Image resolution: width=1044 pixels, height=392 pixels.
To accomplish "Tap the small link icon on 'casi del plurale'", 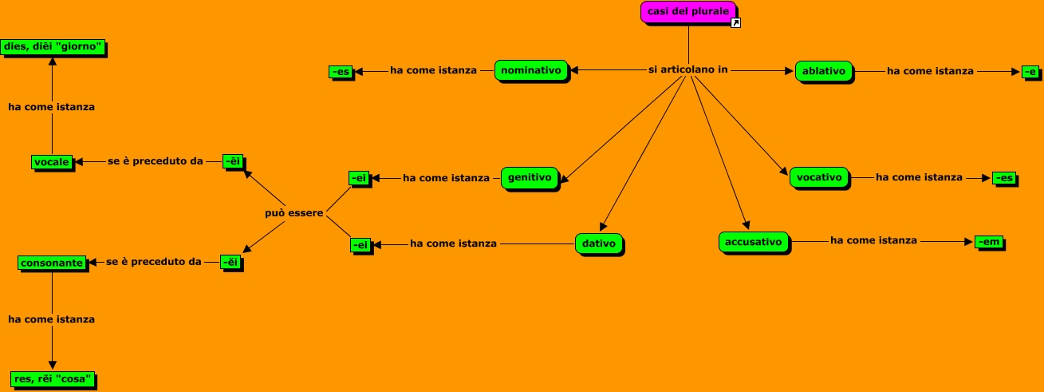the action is click(x=736, y=23).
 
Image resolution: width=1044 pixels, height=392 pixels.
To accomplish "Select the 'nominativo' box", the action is click(x=532, y=70).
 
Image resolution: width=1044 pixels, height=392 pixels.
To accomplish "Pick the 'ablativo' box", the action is click(x=824, y=70).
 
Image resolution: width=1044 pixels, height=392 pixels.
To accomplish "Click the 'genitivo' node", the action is click(x=530, y=178).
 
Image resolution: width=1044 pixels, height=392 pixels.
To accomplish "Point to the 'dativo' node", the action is click(x=598, y=244).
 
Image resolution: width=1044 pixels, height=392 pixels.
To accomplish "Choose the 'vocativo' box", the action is click(x=819, y=178).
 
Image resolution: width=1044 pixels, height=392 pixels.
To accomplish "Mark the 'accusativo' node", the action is click(x=754, y=240).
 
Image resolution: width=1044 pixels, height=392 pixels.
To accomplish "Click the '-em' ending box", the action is click(x=987, y=240).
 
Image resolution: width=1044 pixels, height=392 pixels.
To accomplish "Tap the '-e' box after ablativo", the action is click(x=1030, y=71).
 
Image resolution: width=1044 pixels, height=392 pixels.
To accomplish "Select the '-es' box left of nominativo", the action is click(x=341, y=72).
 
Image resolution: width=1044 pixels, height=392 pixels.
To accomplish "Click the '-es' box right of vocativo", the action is click(x=1004, y=178).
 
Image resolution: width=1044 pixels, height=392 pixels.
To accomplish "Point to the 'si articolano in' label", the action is click(x=687, y=70).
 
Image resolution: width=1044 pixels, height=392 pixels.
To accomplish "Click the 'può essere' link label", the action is click(x=294, y=213).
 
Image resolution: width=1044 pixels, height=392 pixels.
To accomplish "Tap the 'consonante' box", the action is click(x=52, y=262).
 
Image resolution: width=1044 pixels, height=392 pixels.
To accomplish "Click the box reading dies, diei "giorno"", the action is click(x=53, y=47).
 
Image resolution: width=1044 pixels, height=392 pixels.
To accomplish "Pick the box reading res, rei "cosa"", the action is click(x=53, y=378).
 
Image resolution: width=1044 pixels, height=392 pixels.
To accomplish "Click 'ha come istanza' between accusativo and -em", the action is click(x=873, y=240).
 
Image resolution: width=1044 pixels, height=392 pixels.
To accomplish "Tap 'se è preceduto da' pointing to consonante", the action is click(x=154, y=261).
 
